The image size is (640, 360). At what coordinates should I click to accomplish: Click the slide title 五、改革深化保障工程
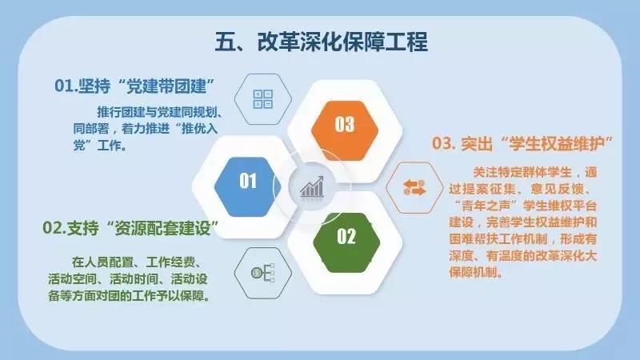click(x=322, y=42)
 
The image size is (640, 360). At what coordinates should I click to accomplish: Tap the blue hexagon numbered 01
click(x=248, y=186)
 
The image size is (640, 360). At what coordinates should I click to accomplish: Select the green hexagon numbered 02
click(x=346, y=243)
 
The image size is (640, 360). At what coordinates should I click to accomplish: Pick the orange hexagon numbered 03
click(x=345, y=130)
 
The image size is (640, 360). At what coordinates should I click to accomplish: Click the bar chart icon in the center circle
click(x=312, y=187)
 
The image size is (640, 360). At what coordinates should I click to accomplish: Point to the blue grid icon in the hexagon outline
click(x=263, y=99)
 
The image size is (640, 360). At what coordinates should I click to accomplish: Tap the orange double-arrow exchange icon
click(x=414, y=188)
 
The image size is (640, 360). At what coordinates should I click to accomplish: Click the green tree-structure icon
click(x=262, y=273)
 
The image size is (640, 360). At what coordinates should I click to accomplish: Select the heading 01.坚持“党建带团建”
click(x=134, y=86)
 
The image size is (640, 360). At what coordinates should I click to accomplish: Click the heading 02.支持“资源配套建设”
click(x=130, y=228)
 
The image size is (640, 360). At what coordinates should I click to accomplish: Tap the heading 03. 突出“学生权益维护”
click(x=522, y=144)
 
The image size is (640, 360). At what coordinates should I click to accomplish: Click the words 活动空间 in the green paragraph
click(x=73, y=278)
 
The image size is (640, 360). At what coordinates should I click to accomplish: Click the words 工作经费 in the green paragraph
click(x=170, y=262)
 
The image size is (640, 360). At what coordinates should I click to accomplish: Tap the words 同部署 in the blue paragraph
click(x=91, y=129)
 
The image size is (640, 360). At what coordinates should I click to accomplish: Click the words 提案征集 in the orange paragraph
click(x=492, y=189)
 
